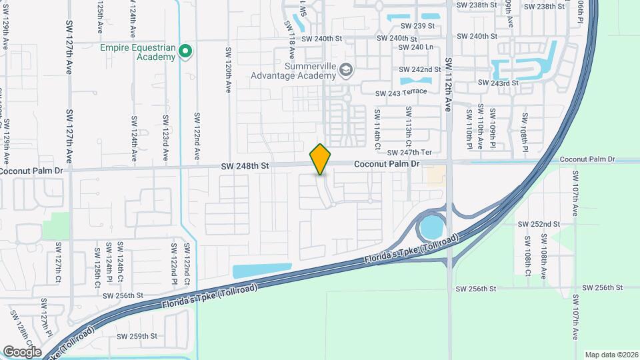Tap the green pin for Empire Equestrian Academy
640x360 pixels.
click(186, 51)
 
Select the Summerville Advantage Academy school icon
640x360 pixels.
click(345, 69)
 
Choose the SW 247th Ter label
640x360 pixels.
click(420, 153)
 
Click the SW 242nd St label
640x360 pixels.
click(420, 69)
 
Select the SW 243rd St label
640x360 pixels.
click(498, 83)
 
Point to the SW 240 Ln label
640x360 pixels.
click(415, 47)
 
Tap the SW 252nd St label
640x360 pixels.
click(541, 224)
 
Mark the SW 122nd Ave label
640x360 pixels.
click(197, 135)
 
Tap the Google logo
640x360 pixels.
click(22, 351)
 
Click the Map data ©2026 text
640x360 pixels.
click(610, 355)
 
